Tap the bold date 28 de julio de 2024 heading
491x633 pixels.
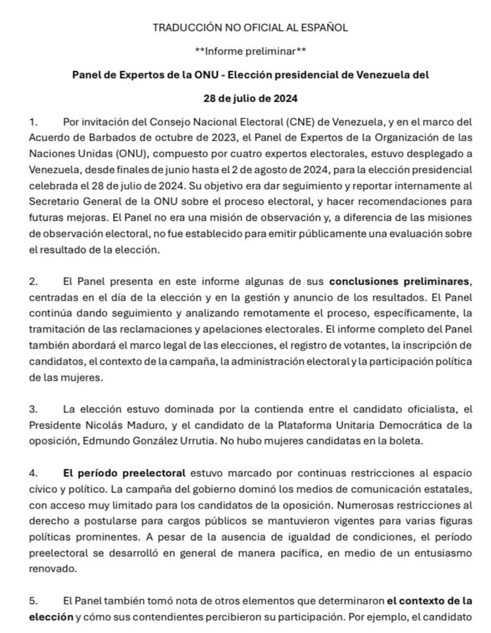[x=250, y=98]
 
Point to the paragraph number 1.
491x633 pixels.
[x=33, y=122]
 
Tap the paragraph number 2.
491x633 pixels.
[x=33, y=281]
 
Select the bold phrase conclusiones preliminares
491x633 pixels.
[x=400, y=281]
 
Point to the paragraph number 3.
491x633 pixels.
[x=33, y=409]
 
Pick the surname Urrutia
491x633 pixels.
[x=197, y=441]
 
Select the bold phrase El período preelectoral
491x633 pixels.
[x=124, y=473]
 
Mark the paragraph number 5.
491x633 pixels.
[x=33, y=601]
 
